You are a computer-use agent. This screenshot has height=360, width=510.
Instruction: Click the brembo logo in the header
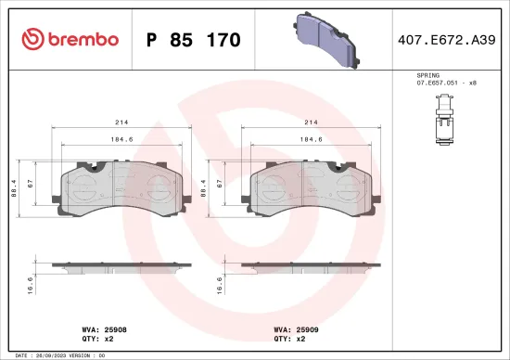point(70,39)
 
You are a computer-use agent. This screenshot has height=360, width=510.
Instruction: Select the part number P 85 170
point(194,40)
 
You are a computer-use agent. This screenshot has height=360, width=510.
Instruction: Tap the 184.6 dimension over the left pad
point(118,141)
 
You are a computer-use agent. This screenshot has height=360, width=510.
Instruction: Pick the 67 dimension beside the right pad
point(219,185)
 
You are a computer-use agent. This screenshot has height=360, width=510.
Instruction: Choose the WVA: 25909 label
point(295,328)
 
